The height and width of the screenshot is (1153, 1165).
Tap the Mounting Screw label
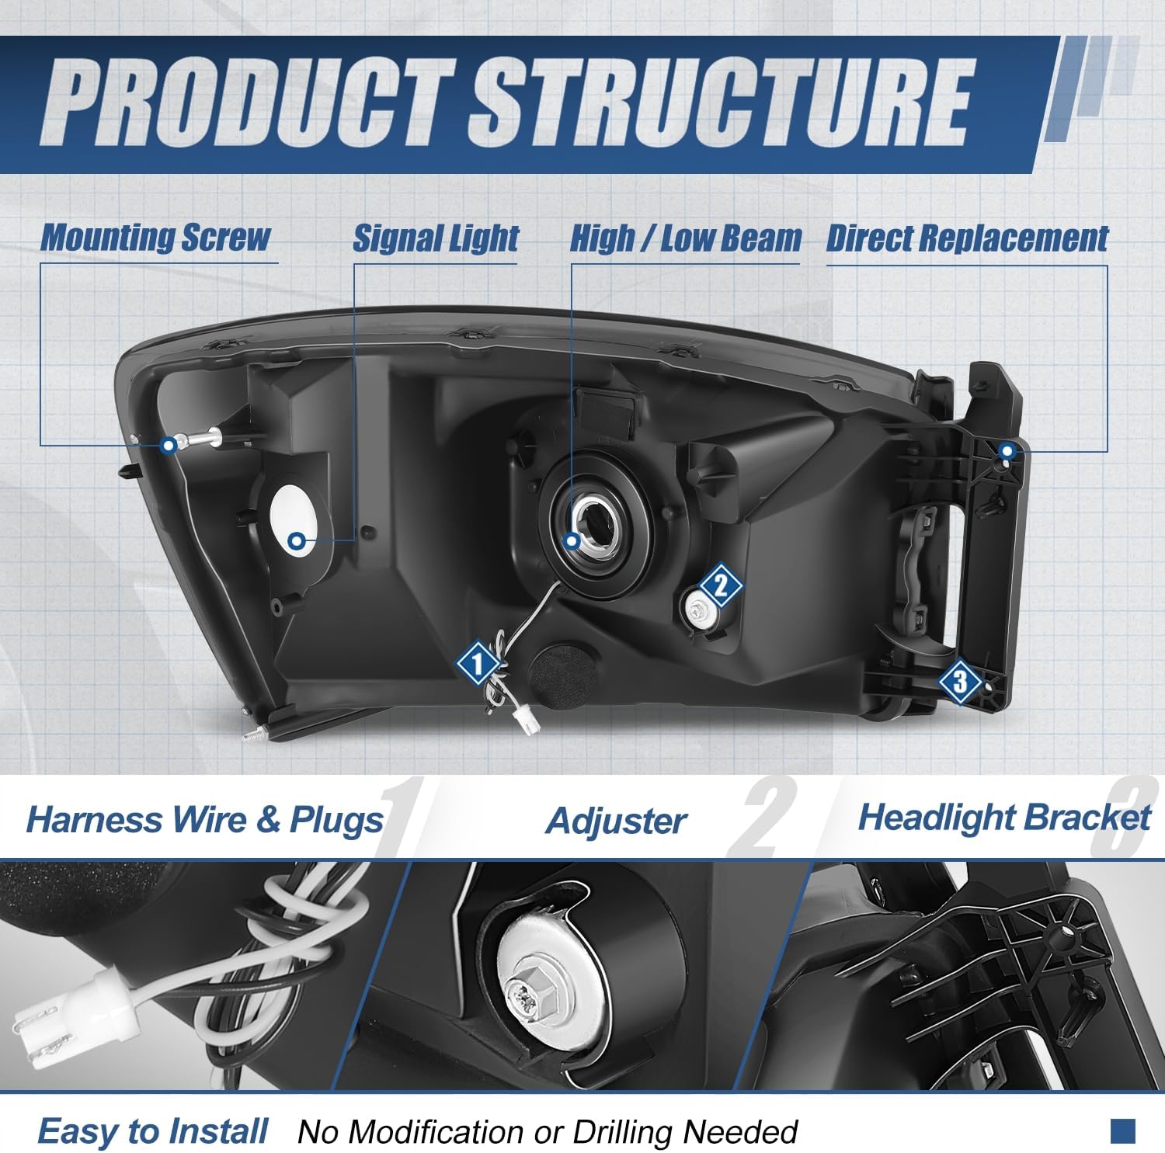point(155,237)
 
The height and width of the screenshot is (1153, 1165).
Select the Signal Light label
point(436,238)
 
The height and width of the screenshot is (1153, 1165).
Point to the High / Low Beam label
point(685,238)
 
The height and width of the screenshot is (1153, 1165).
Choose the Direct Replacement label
point(967,238)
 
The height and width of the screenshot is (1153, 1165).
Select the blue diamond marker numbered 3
point(960,682)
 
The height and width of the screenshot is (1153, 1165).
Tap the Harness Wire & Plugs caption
point(204,820)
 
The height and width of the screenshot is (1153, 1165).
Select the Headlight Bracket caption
point(1003,818)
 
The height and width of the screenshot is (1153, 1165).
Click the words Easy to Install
point(153,1132)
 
